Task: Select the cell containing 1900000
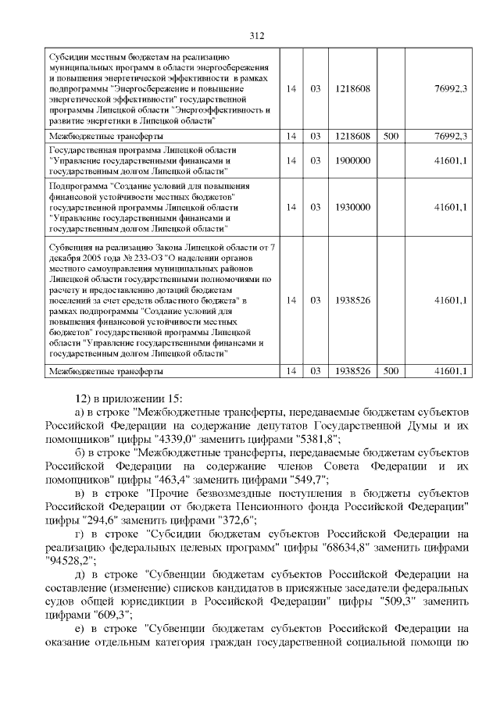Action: click(x=352, y=160)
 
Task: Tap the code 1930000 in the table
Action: click(x=352, y=207)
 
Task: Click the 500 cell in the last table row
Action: click(x=391, y=370)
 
